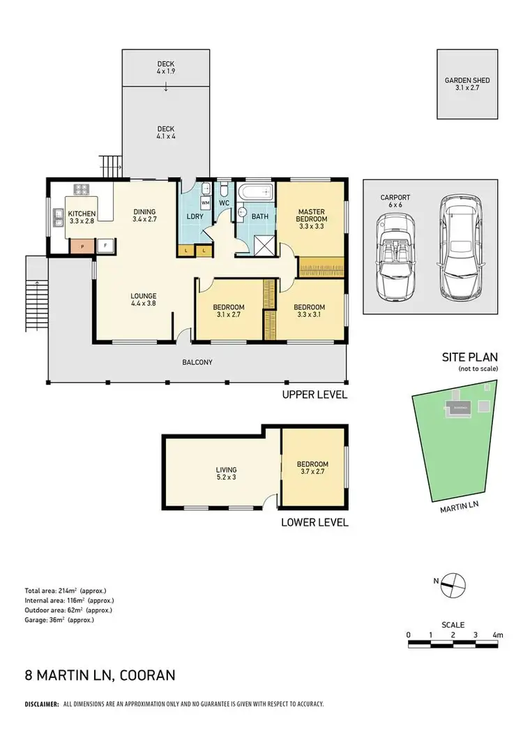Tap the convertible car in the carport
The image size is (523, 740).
pyautogui.click(x=395, y=256)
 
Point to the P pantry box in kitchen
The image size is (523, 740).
pyautogui.click(x=81, y=246)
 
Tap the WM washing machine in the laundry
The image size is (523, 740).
pyautogui.click(x=206, y=202)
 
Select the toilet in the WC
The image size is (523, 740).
pyautogui.click(x=223, y=190)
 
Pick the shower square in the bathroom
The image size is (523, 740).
pyautogui.click(x=262, y=244)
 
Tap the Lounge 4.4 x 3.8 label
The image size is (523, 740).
pyautogui.click(x=142, y=299)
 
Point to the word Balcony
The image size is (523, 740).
pyautogui.click(x=197, y=362)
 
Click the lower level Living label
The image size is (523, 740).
pyautogui.click(x=226, y=474)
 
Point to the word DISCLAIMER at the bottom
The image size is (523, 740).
pyautogui.click(x=41, y=705)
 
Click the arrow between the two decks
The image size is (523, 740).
pyautogui.click(x=165, y=87)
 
